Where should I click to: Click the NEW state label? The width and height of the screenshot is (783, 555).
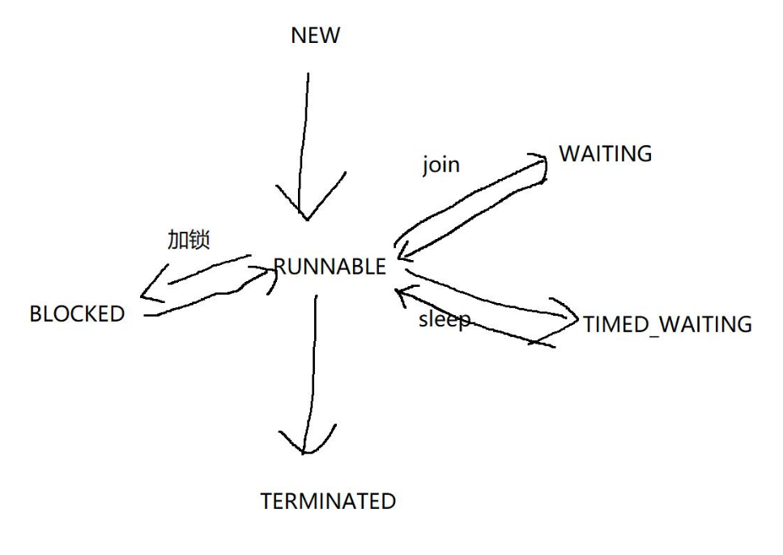pyautogui.click(x=315, y=36)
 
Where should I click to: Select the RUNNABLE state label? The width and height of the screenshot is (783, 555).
pyautogui.click(x=330, y=267)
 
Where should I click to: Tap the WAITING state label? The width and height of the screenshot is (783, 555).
pyautogui.click(x=605, y=154)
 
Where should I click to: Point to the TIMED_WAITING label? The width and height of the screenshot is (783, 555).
pyautogui.click(x=667, y=324)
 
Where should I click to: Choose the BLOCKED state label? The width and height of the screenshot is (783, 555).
pyautogui.click(x=77, y=314)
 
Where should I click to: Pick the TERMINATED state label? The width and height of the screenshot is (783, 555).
pyautogui.click(x=328, y=502)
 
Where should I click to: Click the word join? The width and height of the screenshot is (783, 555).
pyautogui.click(x=440, y=164)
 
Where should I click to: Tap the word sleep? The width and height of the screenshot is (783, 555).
pyautogui.click(x=444, y=318)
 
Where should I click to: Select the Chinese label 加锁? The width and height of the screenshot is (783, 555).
pyautogui.click(x=189, y=240)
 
